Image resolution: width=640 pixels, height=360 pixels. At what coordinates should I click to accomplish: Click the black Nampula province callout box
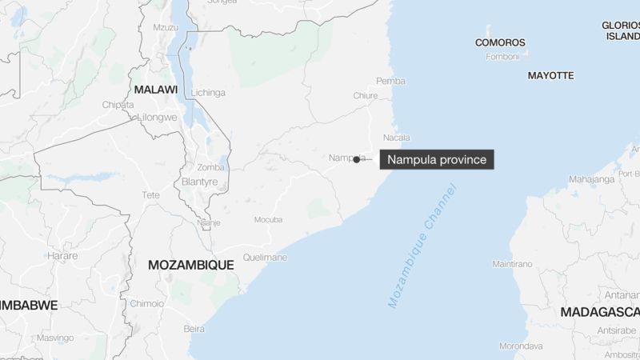point(437,160)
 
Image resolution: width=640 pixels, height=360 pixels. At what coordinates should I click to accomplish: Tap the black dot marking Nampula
point(356,160)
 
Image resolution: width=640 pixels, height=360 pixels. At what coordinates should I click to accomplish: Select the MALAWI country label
point(155,90)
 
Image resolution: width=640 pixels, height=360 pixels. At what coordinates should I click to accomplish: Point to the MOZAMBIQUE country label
point(190,264)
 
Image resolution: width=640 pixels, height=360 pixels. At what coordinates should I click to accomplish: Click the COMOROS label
point(500,42)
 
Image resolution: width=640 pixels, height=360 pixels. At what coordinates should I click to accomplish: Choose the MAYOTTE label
point(550,75)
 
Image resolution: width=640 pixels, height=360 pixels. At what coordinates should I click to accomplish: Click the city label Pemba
point(390,81)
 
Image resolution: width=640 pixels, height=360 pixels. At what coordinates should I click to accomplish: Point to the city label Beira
point(194,328)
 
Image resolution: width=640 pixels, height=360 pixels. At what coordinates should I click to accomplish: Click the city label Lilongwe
point(157,117)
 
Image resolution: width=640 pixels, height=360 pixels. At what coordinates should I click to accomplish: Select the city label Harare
point(62,256)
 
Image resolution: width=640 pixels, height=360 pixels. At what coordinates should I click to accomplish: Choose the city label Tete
point(152,195)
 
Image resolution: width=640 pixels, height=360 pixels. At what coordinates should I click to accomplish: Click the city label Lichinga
point(208,93)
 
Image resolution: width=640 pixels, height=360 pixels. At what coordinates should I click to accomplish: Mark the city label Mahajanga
point(593,180)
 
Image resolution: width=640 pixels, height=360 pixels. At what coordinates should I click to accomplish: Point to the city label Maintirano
point(513,263)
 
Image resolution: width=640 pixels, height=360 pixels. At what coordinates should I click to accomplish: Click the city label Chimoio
point(147,303)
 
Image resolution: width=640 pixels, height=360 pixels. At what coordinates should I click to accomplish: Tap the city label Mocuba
point(268,219)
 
